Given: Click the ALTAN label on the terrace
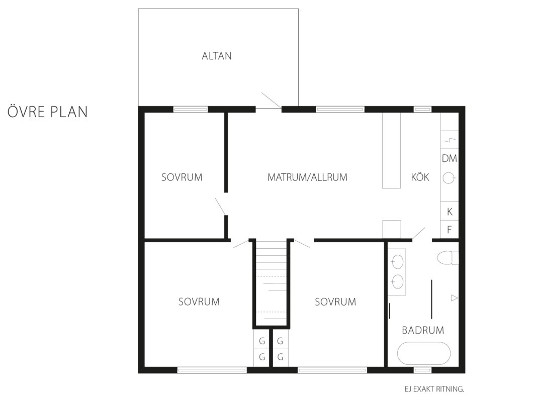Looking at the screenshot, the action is tap(217, 56).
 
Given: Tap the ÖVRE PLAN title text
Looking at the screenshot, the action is tap(48, 112).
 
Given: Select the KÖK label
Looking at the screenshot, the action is tap(420, 177).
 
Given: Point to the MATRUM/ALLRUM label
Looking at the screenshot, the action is tap(307, 177).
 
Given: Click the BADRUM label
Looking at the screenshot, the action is tap(423, 330).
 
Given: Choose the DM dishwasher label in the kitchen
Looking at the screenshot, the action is tap(450, 158).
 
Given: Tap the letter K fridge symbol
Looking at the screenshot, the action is tap(450, 212).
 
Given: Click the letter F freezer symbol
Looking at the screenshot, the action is tap(450, 230).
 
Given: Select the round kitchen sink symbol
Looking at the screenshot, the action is tap(449, 178).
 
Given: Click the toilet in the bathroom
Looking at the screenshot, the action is tap(448, 258).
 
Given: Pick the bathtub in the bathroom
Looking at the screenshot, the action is tap(424, 353).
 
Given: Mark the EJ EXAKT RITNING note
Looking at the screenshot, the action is tap(434, 389).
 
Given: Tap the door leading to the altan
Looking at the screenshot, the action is tap(271, 100).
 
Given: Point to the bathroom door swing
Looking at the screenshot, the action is tap(418, 234).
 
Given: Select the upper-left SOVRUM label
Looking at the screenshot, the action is tap(182, 177).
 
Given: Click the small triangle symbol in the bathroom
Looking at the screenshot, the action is tap(454, 298).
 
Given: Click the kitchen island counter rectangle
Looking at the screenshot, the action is tap(391, 151).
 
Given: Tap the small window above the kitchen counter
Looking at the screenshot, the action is tap(422, 110).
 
